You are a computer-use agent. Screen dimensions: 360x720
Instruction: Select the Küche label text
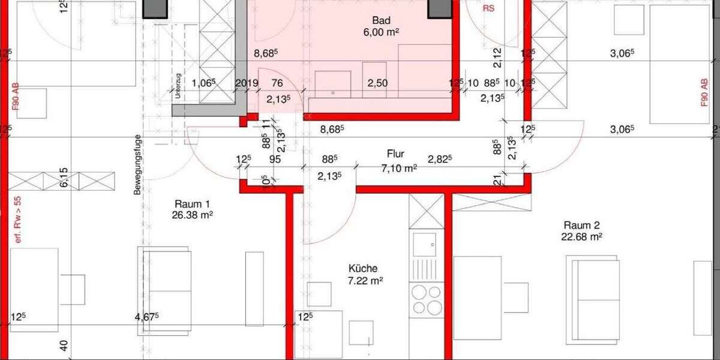click(364, 269)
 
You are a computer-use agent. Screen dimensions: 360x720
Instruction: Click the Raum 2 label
click(581, 225)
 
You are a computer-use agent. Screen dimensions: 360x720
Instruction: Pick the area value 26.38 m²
click(192, 215)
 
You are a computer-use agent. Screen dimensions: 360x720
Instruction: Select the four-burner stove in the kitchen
click(427, 299)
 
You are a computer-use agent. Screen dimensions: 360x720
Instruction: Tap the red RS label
click(490, 10)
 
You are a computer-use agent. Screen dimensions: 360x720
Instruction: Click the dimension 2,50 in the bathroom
click(377, 83)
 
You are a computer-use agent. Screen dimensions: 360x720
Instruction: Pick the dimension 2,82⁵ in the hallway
click(440, 159)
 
